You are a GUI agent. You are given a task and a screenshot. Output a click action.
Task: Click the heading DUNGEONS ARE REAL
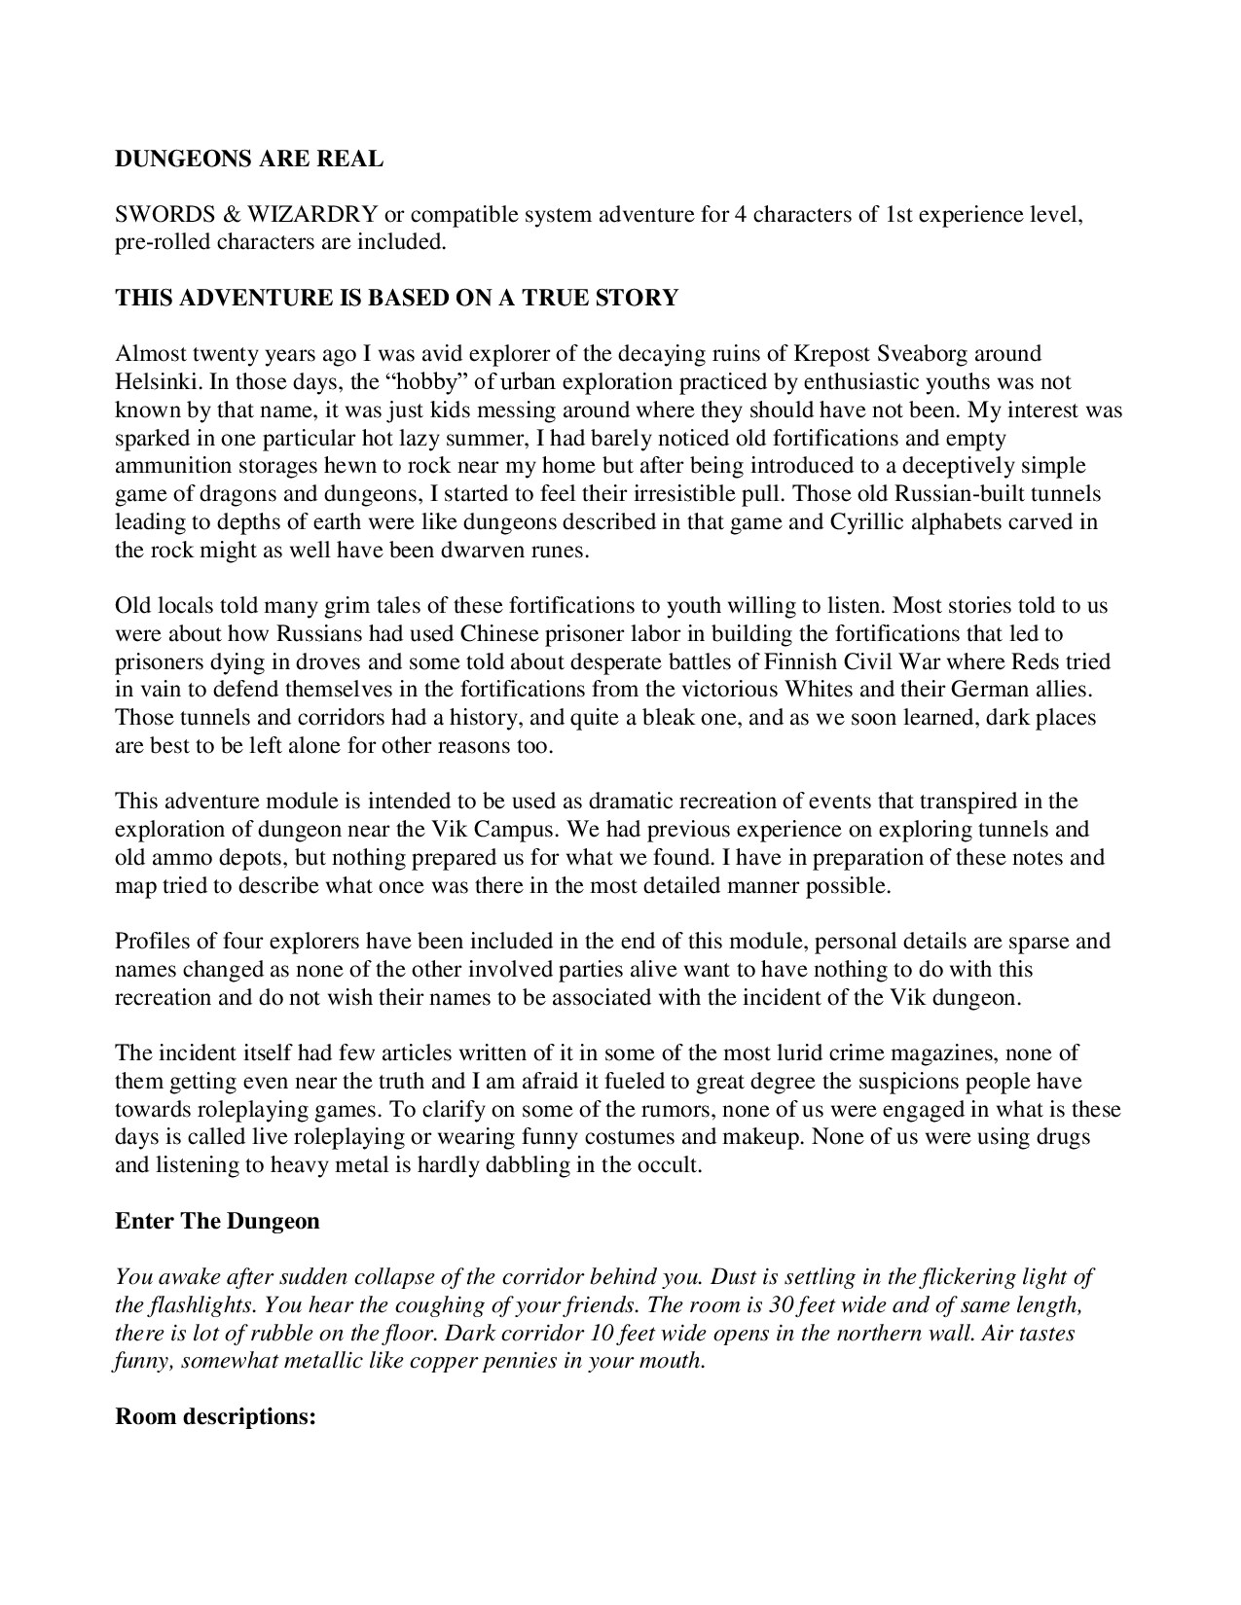tap(249, 159)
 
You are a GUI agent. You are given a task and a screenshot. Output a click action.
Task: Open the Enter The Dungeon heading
tap(217, 1221)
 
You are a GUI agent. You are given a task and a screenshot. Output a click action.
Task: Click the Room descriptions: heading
tap(217, 1416)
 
